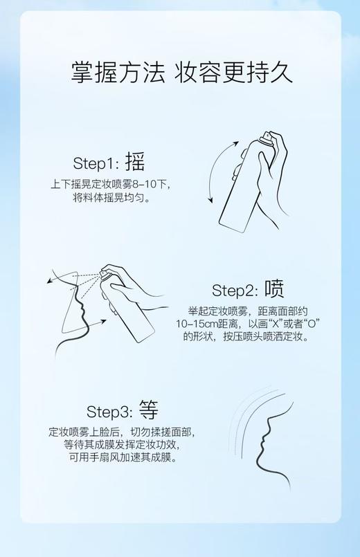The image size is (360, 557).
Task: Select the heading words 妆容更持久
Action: click(233, 71)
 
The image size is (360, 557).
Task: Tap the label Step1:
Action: click(96, 163)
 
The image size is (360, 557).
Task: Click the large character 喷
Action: click(274, 289)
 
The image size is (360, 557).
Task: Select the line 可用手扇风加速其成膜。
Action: click(121, 457)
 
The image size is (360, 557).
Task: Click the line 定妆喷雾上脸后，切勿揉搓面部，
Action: click(121, 431)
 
